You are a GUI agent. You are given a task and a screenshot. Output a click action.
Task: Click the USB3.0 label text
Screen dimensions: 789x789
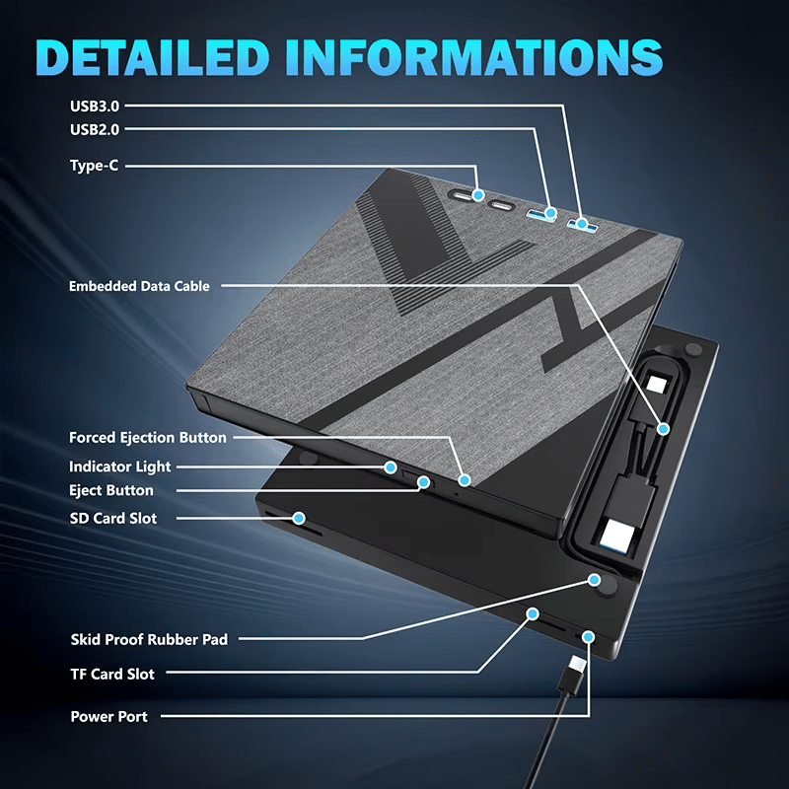click(95, 107)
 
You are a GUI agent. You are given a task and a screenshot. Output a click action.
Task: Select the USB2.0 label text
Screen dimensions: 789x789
click(95, 130)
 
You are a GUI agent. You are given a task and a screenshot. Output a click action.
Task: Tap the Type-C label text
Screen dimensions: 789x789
click(94, 166)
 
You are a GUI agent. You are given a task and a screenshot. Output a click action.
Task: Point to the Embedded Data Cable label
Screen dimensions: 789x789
click(139, 286)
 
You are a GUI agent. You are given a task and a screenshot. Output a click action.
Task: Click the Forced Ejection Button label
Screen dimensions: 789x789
click(148, 437)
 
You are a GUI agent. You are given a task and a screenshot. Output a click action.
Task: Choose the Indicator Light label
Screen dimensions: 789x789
click(119, 466)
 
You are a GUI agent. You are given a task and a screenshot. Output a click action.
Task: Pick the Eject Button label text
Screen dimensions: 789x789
click(111, 490)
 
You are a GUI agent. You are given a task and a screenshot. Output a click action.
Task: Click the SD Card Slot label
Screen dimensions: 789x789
click(113, 519)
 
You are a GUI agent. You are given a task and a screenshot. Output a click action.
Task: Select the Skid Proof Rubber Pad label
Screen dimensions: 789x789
click(150, 639)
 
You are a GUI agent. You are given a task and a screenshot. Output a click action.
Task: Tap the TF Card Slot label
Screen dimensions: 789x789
click(112, 675)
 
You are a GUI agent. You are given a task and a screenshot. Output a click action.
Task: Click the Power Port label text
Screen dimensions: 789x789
click(109, 717)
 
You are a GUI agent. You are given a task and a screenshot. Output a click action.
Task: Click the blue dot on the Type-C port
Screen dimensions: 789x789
click(478, 194)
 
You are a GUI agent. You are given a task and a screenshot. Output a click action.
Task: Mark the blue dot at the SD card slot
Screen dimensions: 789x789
click(299, 518)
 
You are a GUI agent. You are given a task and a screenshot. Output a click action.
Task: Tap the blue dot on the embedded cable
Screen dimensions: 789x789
click(663, 429)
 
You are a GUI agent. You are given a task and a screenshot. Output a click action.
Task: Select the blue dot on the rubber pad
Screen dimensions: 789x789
click(595, 580)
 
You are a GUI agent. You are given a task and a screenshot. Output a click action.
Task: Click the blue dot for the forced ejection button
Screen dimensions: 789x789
click(465, 480)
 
